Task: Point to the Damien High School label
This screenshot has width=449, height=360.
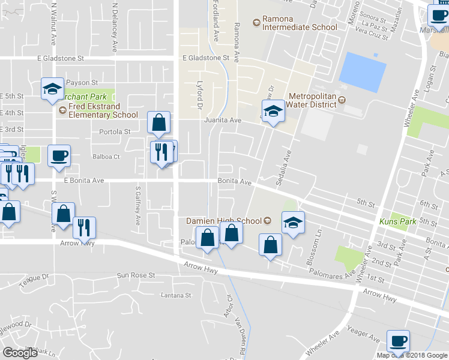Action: (x=224, y=221)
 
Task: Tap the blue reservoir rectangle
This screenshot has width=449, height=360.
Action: (x=362, y=73)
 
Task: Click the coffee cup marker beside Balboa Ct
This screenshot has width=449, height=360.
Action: (x=59, y=155)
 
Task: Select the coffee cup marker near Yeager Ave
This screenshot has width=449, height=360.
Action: (x=398, y=341)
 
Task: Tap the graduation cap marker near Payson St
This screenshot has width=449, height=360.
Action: (x=52, y=89)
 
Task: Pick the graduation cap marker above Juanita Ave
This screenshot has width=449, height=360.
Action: (x=273, y=110)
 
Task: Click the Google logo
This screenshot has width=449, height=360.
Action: (x=20, y=353)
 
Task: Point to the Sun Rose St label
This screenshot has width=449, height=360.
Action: (x=136, y=275)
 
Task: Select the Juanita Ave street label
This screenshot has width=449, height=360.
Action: (x=223, y=121)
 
